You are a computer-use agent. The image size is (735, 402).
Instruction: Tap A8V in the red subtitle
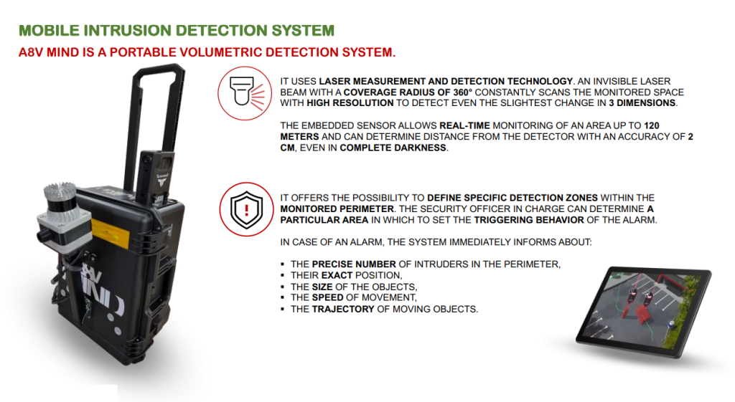(32, 53)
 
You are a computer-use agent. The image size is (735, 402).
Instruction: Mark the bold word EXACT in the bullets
(341, 275)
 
